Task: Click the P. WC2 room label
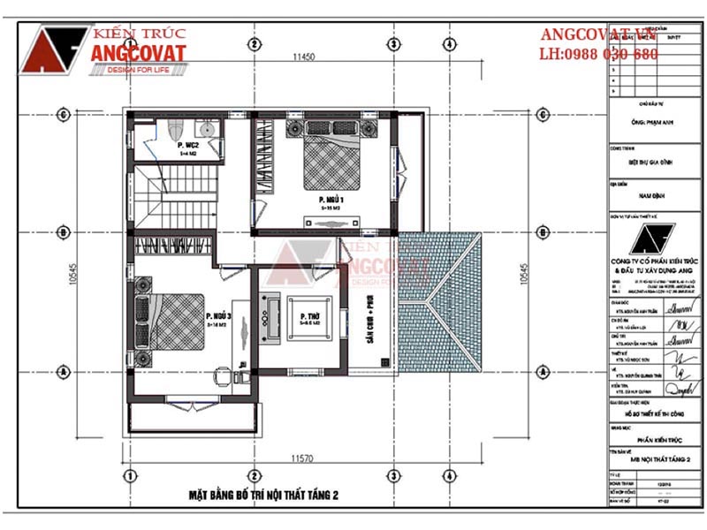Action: (x=187, y=144)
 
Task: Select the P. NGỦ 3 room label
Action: (x=217, y=316)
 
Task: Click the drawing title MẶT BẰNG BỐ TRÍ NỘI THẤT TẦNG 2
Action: (x=263, y=495)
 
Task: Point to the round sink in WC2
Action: (x=213, y=127)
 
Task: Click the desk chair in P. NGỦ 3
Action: (x=218, y=375)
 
